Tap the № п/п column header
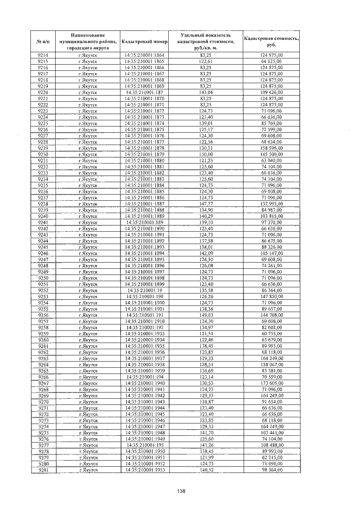point(43,42)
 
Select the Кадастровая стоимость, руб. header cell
point(271,42)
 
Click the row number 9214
point(43,55)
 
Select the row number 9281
point(43,470)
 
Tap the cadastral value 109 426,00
point(271,92)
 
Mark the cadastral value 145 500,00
point(271,154)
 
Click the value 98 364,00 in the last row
point(271,470)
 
